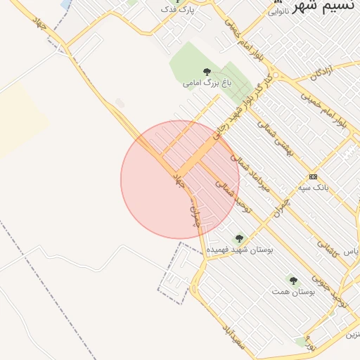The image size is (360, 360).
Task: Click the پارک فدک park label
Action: (x=176, y=9)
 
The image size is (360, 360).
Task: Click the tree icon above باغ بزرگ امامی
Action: (x=207, y=72)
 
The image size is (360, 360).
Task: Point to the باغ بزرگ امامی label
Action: (x=207, y=83)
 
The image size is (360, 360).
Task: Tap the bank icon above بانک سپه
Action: (x=313, y=176)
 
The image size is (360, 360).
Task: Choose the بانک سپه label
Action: (x=314, y=187)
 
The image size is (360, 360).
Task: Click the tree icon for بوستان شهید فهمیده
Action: (x=239, y=239)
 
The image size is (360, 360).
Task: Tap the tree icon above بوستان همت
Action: (x=293, y=281)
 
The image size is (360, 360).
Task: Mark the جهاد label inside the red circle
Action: (x=179, y=177)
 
